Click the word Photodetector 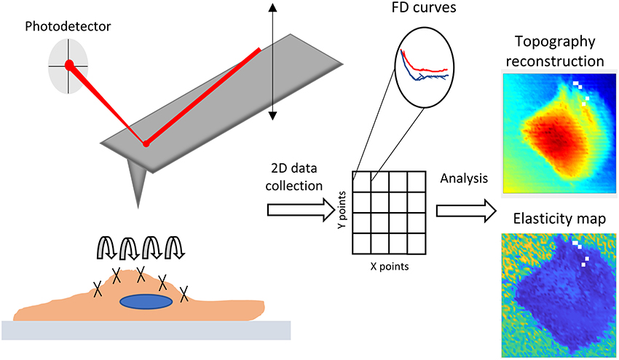[58, 28]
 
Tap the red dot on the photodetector [70, 65]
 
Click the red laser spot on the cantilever [146, 144]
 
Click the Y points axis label [342, 211]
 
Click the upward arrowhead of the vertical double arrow [272, 7]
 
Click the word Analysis [465, 178]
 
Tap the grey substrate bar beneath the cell [146, 330]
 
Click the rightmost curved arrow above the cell [176, 247]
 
